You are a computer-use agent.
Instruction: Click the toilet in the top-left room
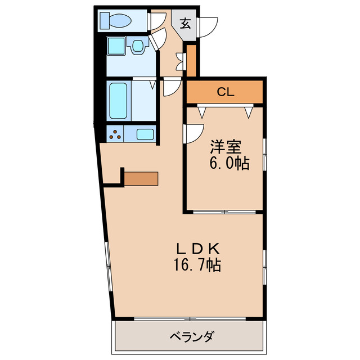[115, 21]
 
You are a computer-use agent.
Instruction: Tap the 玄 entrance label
[184, 24]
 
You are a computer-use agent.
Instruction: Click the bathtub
[118, 101]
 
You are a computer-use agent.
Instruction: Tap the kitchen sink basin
[145, 134]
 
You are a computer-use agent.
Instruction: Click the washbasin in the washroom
[137, 47]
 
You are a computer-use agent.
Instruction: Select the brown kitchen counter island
[141, 178]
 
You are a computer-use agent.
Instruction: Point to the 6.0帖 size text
[229, 164]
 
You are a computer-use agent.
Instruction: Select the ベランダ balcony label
[191, 337]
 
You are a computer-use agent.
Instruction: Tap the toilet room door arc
[155, 20]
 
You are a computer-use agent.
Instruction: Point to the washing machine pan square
[117, 47]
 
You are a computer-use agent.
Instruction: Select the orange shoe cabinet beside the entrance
[191, 61]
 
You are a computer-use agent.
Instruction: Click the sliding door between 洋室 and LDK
[224, 211]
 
